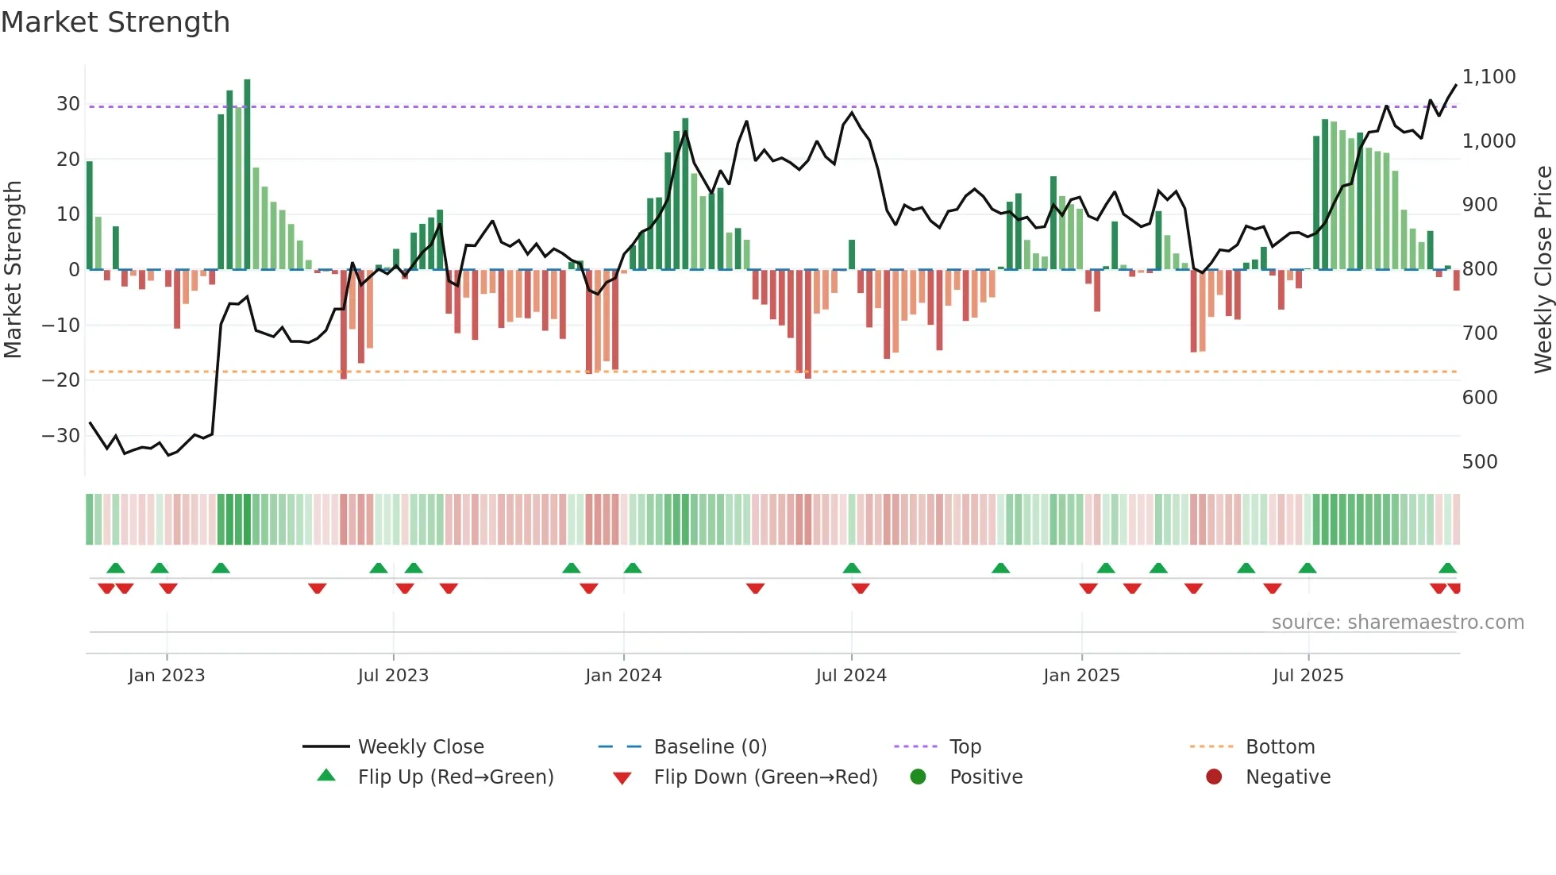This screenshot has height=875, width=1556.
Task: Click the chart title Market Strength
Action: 115,22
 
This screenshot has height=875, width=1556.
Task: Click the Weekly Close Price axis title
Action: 1543,269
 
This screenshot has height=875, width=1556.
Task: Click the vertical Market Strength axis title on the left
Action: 13,269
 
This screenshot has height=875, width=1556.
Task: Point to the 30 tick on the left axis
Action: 67,104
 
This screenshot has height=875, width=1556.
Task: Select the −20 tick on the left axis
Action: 60,380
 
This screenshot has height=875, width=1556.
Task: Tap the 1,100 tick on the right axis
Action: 1489,77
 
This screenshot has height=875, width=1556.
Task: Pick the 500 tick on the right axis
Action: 1480,462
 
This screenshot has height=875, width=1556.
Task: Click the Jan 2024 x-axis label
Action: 623,676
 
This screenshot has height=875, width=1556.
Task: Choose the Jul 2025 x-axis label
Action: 1308,676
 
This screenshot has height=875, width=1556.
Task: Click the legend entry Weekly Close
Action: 420,747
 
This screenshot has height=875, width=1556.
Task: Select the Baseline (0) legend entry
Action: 710,747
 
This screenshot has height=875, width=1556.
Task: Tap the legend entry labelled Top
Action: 965,747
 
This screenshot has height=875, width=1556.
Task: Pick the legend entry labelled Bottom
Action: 1280,747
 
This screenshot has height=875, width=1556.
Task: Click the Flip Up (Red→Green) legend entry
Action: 455,777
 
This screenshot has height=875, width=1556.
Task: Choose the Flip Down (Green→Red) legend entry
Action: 765,777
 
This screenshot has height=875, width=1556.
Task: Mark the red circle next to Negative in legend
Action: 1214,777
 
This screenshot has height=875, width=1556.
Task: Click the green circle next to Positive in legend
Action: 918,777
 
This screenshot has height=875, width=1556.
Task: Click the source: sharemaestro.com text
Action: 1397,623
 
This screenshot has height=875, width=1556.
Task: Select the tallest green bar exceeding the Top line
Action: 247,175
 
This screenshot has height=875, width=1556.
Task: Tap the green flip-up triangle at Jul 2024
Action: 851,568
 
